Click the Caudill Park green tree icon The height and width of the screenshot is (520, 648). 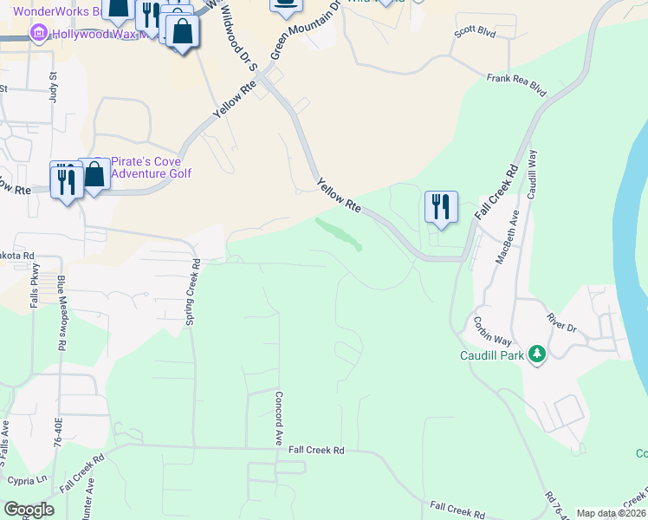click(x=537, y=354)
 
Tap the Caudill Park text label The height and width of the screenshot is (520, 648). click(x=492, y=355)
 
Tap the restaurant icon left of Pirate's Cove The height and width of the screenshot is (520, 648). click(x=66, y=180)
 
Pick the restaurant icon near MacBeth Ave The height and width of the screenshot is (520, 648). click(x=441, y=207)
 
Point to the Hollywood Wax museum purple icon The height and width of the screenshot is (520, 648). click(x=38, y=34)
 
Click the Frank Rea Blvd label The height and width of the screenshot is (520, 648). click(x=517, y=83)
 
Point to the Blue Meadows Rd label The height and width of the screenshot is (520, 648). click(x=62, y=312)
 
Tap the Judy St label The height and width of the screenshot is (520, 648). click(x=53, y=88)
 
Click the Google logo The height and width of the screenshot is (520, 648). click(x=29, y=510)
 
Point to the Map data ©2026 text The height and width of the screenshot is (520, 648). click(x=611, y=513)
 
